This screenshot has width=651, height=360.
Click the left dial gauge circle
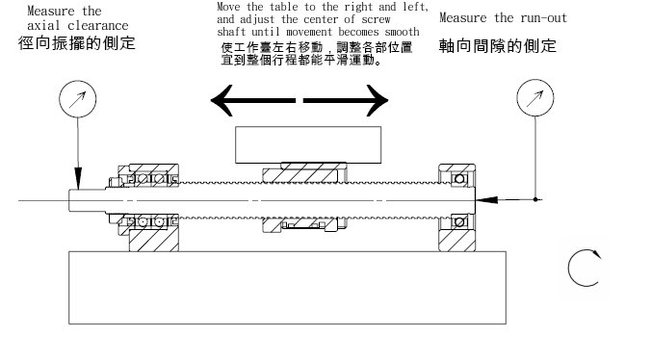point(75,98)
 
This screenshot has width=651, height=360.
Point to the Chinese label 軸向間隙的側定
point(498,45)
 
